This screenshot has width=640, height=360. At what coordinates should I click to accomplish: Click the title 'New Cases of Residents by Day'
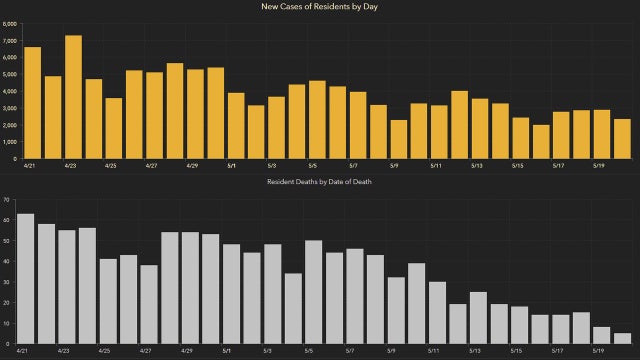tap(320, 8)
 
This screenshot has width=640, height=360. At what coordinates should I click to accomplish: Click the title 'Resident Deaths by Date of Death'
tap(320, 181)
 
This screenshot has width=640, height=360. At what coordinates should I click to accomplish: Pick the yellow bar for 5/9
tap(399, 139)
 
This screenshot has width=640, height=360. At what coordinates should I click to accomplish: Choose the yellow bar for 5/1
tap(236, 125)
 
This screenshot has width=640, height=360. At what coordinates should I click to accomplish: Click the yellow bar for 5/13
tap(480, 128)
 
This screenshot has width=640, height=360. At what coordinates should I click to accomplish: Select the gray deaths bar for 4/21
tap(26, 279)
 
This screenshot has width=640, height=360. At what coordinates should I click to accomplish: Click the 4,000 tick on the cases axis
tap(10, 91)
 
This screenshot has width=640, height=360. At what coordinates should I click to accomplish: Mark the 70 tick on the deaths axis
tap(7, 200)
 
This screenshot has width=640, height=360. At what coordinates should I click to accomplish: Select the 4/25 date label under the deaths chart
tap(105, 352)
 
